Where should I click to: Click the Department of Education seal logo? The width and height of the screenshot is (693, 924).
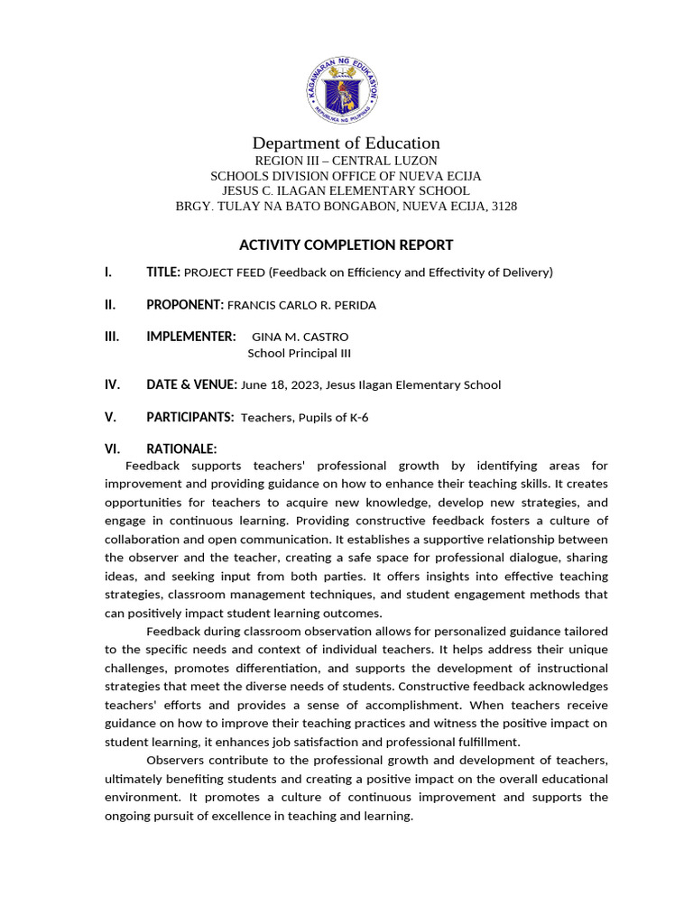(342, 88)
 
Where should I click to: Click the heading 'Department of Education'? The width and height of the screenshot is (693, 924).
(346, 143)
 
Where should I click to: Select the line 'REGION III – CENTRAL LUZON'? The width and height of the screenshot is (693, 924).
(346, 161)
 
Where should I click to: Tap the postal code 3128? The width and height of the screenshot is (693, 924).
(502, 207)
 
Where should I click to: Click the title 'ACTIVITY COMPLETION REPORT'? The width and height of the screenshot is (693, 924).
(346, 245)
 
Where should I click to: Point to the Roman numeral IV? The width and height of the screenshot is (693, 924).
(112, 384)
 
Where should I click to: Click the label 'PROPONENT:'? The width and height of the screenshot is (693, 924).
(184, 305)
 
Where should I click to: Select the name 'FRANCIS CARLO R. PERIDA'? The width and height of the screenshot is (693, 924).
(301, 306)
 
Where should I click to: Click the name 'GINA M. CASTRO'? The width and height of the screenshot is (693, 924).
(300, 337)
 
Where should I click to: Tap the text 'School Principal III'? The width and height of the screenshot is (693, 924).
(299, 353)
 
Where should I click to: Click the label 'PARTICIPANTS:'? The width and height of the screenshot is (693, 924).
(189, 418)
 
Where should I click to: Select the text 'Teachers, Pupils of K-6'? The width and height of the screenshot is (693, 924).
(305, 418)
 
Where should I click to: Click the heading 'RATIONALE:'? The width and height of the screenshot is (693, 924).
(181, 449)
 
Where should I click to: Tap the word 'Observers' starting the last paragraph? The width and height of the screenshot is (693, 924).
(174, 760)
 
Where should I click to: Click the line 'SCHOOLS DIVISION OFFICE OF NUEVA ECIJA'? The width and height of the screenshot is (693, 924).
(346, 176)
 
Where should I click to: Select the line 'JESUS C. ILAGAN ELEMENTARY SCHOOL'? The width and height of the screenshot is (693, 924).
(346, 191)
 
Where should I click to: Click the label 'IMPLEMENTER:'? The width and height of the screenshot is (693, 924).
(190, 337)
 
